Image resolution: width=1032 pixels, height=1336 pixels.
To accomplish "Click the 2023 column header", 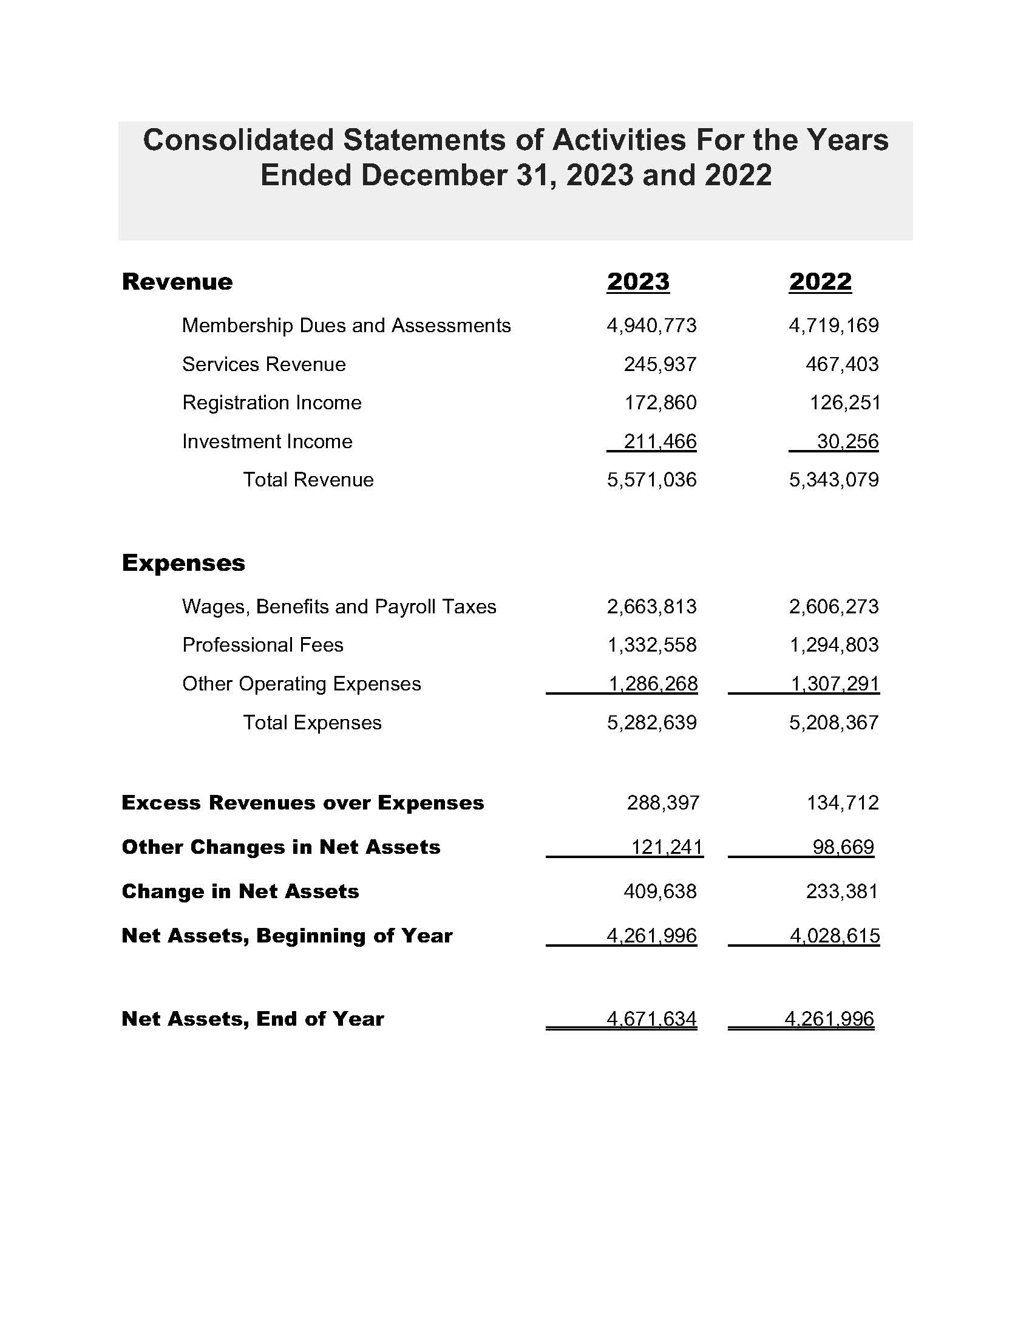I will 637,282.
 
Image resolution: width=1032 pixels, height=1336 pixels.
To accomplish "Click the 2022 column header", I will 820,282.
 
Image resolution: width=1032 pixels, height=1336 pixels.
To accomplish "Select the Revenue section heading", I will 177,282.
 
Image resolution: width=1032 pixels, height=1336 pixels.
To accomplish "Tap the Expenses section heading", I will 183,563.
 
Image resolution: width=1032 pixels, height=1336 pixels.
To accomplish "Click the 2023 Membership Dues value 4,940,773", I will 651,325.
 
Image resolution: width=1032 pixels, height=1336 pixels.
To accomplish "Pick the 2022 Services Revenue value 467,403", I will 842,364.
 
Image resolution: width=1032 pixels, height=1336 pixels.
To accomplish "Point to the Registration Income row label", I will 272,403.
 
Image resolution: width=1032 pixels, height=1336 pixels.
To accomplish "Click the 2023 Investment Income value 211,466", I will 660,441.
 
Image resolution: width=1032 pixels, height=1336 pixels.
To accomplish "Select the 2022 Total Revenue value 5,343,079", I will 833,480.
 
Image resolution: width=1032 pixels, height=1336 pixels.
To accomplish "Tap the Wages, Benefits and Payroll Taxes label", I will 339,607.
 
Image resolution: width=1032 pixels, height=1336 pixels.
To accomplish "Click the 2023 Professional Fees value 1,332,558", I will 651,645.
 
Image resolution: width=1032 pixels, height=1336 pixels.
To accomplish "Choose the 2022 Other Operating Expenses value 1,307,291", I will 835,683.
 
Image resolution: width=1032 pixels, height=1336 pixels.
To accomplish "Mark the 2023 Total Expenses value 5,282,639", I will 651,723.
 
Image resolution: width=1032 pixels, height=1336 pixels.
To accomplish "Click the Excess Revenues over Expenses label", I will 303,803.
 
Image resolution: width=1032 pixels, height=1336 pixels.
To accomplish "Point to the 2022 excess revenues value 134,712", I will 843,803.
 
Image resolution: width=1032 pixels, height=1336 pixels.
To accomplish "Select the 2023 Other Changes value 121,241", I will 667,847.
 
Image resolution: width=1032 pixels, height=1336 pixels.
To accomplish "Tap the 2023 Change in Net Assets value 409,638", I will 660,891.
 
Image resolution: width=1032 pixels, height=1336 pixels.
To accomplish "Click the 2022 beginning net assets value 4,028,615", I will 835,936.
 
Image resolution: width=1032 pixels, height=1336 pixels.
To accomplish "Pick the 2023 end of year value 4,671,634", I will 651,1019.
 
